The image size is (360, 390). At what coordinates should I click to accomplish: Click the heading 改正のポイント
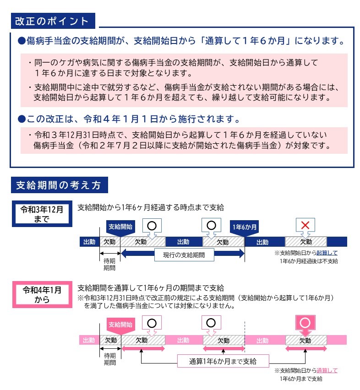coord(52,21)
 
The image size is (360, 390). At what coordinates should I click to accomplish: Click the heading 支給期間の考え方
coord(59,185)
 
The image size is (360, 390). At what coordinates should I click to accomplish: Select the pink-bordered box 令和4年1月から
coord(42,294)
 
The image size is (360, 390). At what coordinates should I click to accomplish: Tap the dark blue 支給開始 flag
coord(120,227)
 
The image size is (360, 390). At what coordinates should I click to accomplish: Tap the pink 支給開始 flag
coord(120,325)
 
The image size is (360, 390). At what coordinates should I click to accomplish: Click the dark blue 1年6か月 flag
coord(245,227)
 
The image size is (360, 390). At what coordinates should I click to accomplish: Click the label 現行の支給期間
coord(184,255)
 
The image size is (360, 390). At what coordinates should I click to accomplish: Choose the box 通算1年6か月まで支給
coord(223,361)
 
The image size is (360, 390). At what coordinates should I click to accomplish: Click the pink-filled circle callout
coord(305,322)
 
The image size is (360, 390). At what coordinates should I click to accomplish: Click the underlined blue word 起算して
coord(327,253)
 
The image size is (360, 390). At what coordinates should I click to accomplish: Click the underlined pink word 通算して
coord(327,370)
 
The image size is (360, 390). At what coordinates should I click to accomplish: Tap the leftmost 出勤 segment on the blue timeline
coord(89,242)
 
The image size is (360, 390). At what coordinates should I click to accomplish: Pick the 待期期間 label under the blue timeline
coord(109,264)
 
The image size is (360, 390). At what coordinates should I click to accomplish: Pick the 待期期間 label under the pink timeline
coord(109,358)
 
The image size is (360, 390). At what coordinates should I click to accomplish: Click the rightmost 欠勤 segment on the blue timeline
coord(305,242)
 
